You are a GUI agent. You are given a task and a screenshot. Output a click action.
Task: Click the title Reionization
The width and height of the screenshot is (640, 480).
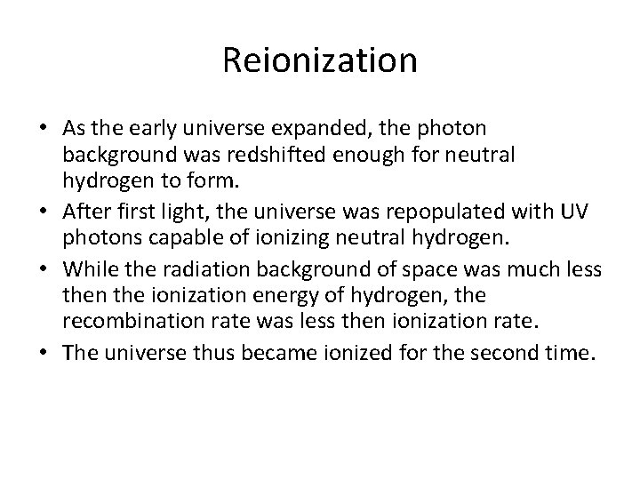click(320, 60)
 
